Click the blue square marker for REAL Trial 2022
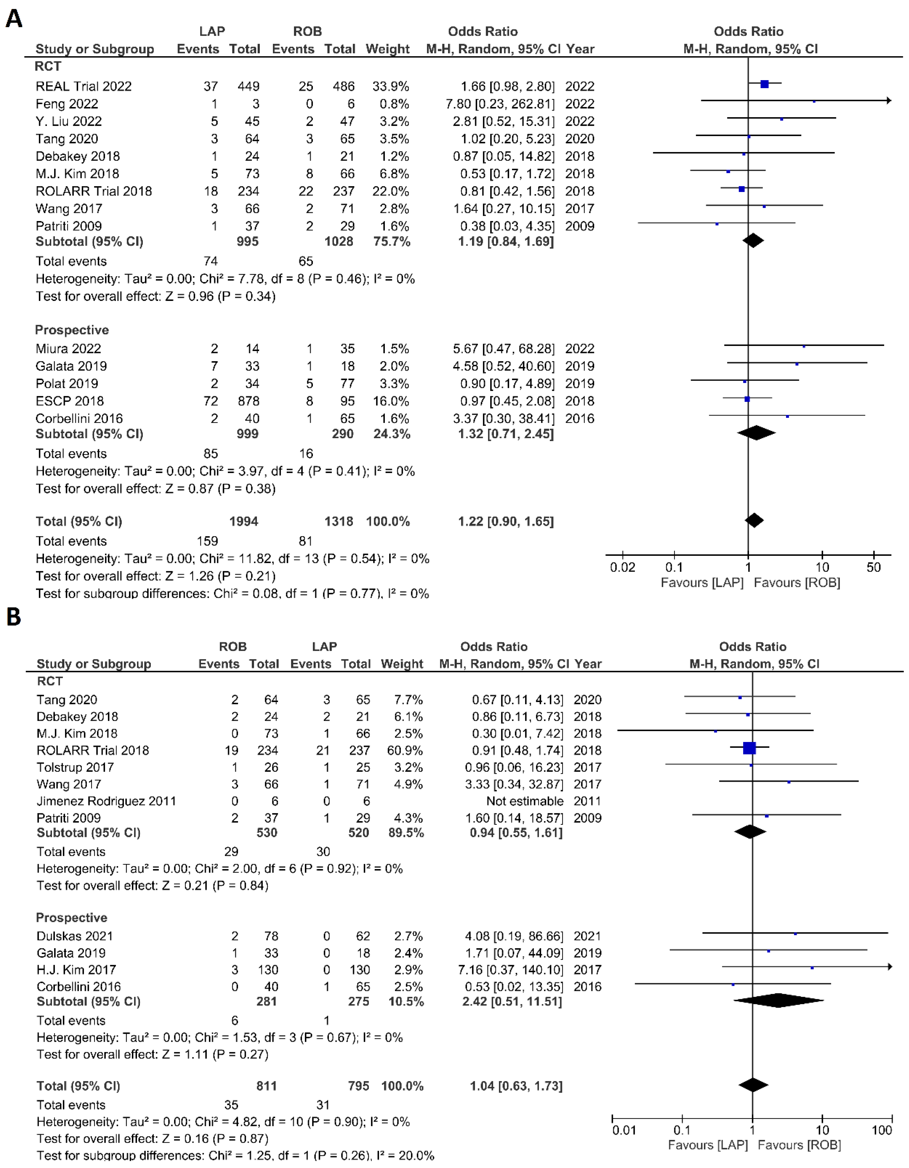click(x=765, y=84)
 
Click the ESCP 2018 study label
click(x=70, y=401)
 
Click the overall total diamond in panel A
click(x=754, y=520)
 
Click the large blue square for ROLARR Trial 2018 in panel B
click(x=750, y=748)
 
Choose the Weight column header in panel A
click(x=387, y=49)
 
